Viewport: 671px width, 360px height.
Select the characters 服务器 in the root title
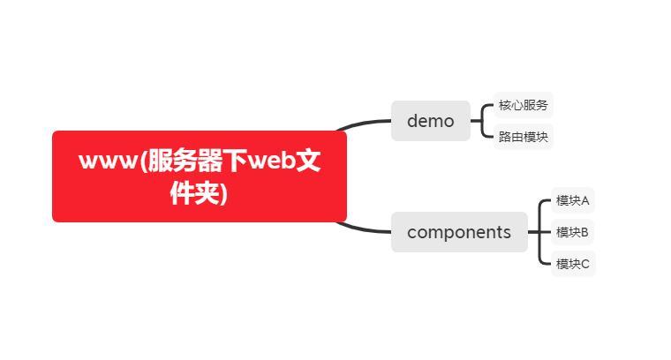[194, 162]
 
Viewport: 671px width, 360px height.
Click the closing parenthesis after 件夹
[223, 193]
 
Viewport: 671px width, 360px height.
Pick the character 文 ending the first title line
[308, 162]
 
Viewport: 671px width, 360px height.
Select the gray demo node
[430, 121]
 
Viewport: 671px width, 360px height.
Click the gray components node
[458, 232]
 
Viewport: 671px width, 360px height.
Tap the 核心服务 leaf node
[523, 105]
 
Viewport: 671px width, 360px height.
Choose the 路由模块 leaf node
[523, 137]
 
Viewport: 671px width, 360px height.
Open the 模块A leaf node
[572, 200]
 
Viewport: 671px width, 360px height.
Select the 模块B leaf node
[572, 232]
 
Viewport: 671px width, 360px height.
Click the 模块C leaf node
[572, 263]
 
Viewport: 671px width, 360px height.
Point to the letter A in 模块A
[584, 200]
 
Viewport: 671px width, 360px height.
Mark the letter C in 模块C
[584, 263]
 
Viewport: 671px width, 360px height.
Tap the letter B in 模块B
[584, 232]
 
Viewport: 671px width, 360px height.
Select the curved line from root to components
[364, 229]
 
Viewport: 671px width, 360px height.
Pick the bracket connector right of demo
[483, 121]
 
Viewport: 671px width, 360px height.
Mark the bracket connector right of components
[539, 232]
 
